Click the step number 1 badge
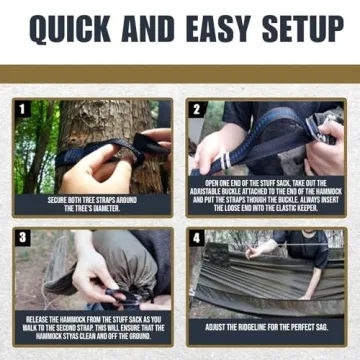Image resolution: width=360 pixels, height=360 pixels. pyautogui.click(x=21, y=107)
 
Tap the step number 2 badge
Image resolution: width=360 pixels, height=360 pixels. pyautogui.click(x=196, y=107)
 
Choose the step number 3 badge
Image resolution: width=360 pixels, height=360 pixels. pyautogui.click(x=21, y=237)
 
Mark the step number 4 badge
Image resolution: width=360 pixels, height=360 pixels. pyautogui.click(x=196, y=237)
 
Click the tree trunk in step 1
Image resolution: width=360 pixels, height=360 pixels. pyautogui.click(x=95, y=125)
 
